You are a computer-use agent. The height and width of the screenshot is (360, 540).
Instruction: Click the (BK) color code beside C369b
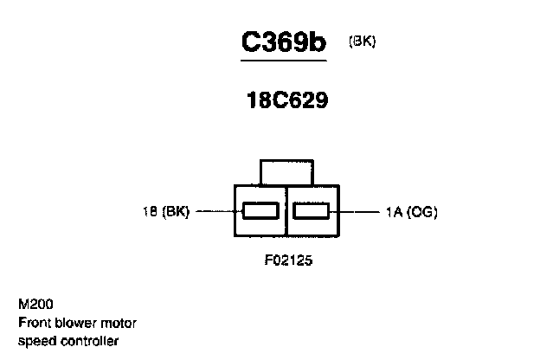(362, 41)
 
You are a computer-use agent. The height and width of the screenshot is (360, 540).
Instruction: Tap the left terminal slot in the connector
(260, 210)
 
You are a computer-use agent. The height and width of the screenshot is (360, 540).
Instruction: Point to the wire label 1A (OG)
(412, 211)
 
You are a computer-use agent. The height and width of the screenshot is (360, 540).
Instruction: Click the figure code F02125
(287, 259)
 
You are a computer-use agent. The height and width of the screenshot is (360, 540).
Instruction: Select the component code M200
(33, 305)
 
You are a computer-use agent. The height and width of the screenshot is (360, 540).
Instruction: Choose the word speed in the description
(35, 340)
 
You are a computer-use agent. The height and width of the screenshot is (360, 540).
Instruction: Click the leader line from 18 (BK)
(215, 210)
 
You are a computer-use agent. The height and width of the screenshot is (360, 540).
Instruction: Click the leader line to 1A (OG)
(357, 210)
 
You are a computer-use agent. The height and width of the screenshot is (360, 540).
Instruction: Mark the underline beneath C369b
(283, 61)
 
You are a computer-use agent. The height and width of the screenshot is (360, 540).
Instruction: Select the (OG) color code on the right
(424, 211)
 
